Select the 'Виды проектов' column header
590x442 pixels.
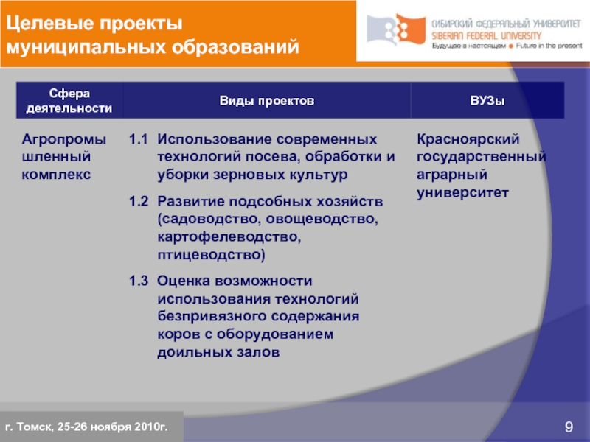click(266, 100)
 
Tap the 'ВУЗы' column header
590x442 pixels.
click(487, 100)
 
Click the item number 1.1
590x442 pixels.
click(139, 139)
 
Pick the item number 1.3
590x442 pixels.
click(139, 281)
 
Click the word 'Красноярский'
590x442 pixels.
click(469, 139)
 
